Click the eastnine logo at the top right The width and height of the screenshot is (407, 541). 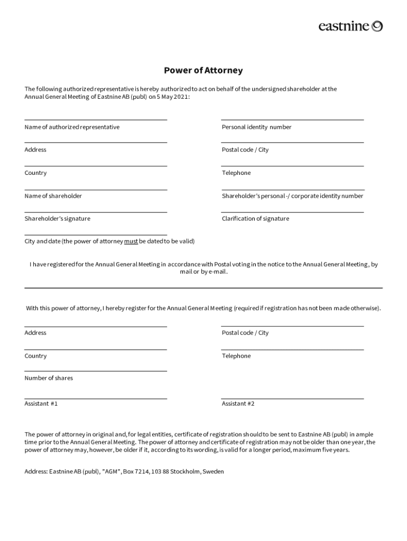350,26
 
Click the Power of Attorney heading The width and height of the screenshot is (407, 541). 203,70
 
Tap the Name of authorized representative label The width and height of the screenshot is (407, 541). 72,127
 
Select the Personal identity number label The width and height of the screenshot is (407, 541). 256,127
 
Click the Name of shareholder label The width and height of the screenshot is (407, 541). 53,196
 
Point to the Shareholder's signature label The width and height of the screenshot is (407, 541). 57,219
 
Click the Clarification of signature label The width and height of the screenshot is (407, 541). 255,219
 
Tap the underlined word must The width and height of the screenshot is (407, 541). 131,241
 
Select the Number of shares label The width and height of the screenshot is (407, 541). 49,378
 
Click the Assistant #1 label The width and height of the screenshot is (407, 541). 41,404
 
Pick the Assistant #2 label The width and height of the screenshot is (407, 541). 238,404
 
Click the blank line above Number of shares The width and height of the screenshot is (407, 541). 96,371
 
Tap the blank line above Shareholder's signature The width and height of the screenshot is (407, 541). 96,212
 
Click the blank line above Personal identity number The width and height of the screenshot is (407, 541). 292,120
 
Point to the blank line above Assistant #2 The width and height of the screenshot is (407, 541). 292,398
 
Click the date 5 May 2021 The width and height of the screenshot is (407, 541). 172,97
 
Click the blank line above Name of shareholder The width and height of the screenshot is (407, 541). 96,189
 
